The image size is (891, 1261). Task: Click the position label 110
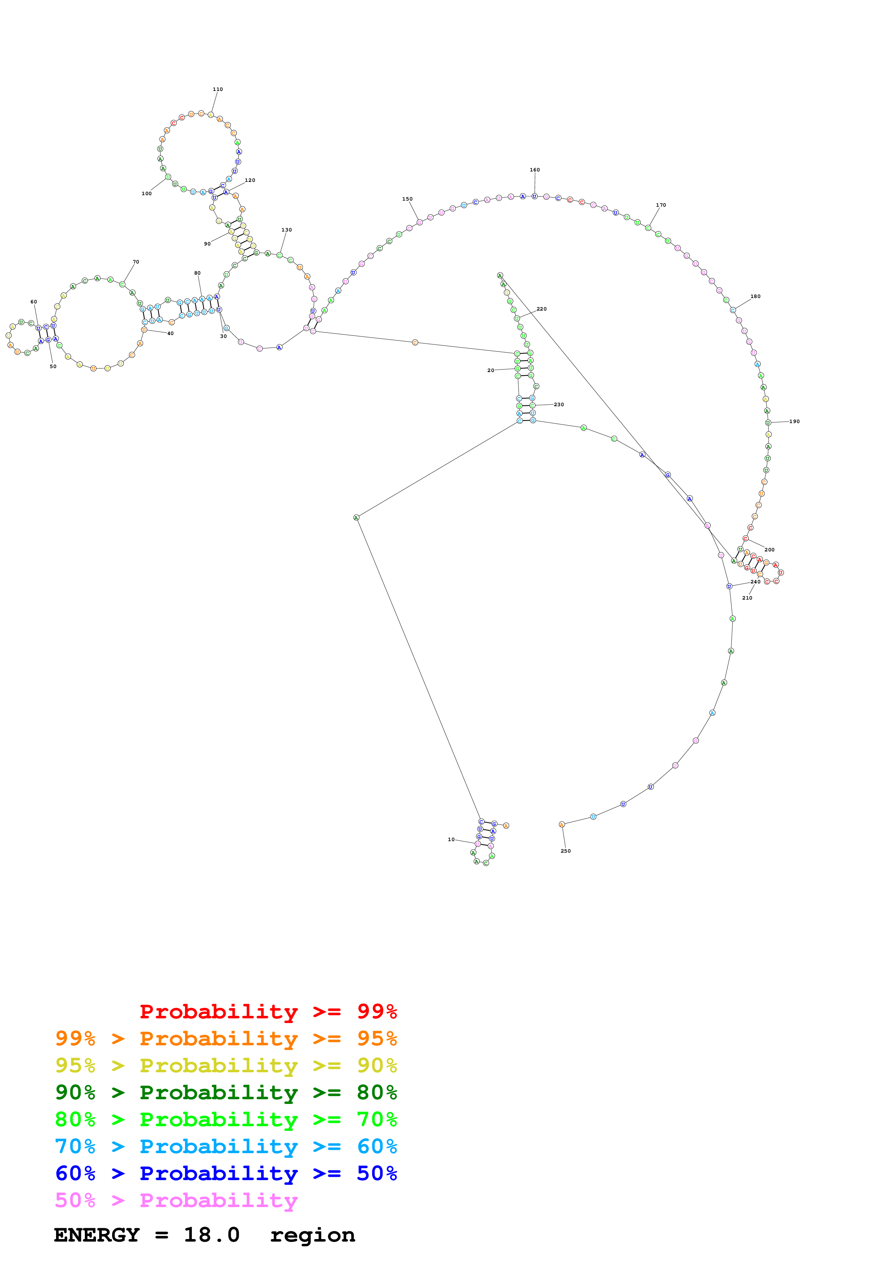217,90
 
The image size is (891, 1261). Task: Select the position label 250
565,851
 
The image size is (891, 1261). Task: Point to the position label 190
794,421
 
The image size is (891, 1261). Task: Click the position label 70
136,262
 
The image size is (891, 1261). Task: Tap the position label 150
407,199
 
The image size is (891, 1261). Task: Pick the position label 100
147,193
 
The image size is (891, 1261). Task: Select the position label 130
286,230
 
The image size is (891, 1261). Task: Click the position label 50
53,366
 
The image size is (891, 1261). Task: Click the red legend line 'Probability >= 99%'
268,1012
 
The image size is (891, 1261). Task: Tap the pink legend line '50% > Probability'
176,1200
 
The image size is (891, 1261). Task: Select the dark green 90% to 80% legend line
226,1092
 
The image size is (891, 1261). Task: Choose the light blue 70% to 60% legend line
226,1146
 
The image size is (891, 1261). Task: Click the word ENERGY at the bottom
97,1235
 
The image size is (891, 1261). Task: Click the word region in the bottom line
312,1235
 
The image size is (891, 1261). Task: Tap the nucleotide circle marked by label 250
562,824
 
